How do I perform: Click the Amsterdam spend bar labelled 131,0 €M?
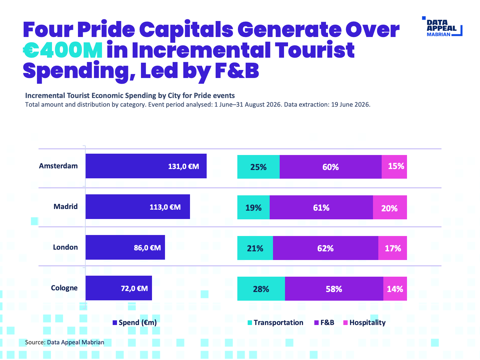(x=146, y=166)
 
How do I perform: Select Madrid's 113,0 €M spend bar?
(x=138, y=207)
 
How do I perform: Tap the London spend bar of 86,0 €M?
(x=125, y=247)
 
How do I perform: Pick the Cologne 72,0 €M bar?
(x=119, y=288)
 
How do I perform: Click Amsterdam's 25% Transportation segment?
(x=258, y=167)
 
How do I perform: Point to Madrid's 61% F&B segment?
(x=321, y=207)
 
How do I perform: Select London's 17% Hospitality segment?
(x=393, y=248)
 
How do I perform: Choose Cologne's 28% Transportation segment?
(x=261, y=289)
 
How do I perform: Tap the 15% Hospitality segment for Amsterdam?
(x=394, y=167)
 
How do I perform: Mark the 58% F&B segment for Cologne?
(x=334, y=289)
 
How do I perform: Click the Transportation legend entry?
(x=275, y=323)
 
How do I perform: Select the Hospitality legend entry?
(x=364, y=323)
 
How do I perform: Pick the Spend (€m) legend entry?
(x=135, y=323)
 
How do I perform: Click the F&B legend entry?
(x=324, y=323)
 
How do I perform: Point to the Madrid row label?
(x=66, y=207)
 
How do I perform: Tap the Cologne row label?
(x=64, y=288)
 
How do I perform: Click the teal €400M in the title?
(x=63, y=50)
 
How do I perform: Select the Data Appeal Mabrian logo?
(x=442, y=26)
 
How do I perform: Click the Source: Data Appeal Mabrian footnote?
(x=65, y=342)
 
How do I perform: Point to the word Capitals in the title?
(x=186, y=30)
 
